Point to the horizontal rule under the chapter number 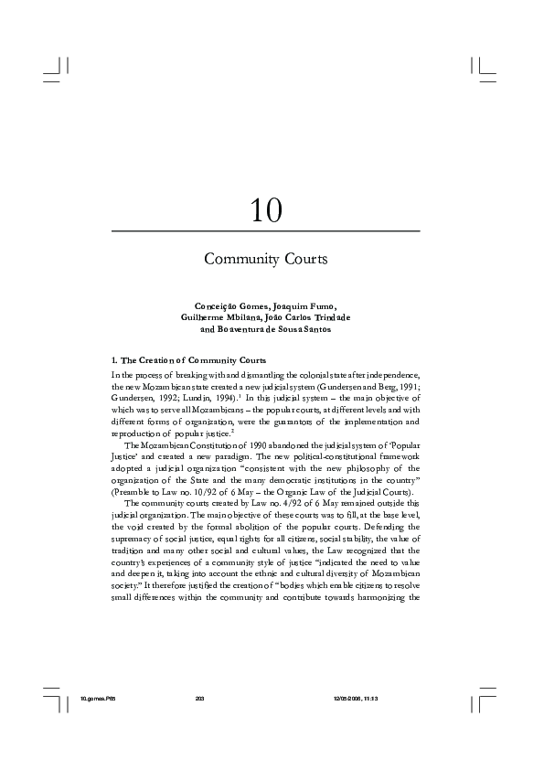click(265, 231)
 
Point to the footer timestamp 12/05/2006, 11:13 click(357, 699)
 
